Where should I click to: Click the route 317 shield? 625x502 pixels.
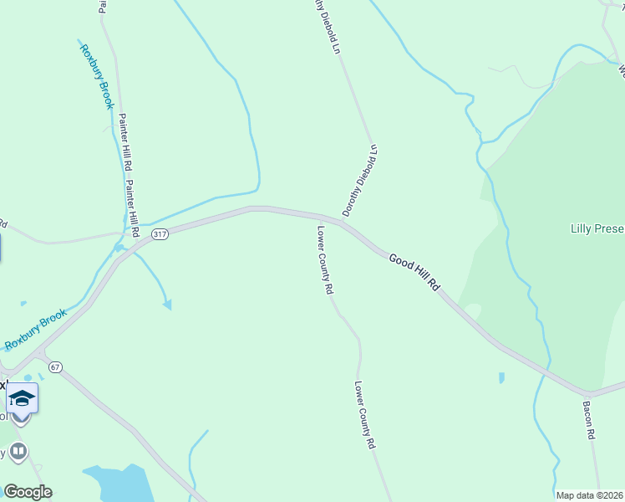(x=160, y=234)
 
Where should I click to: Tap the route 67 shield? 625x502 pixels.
(x=55, y=366)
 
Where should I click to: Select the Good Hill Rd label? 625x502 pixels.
(x=414, y=272)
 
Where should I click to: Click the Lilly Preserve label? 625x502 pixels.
(x=597, y=228)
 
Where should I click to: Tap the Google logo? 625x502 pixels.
(x=28, y=492)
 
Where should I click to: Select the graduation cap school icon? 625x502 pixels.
(x=22, y=397)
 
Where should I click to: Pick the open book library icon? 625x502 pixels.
(x=18, y=451)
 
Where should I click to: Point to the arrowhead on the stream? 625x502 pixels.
(x=167, y=305)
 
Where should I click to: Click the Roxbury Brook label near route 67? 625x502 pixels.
(x=35, y=330)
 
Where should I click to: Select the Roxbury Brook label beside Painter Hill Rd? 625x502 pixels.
(x=96, y=75)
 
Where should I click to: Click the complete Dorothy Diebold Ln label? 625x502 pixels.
(x=360, y=181)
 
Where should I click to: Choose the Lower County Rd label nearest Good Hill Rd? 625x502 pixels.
(x=325, y=259)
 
